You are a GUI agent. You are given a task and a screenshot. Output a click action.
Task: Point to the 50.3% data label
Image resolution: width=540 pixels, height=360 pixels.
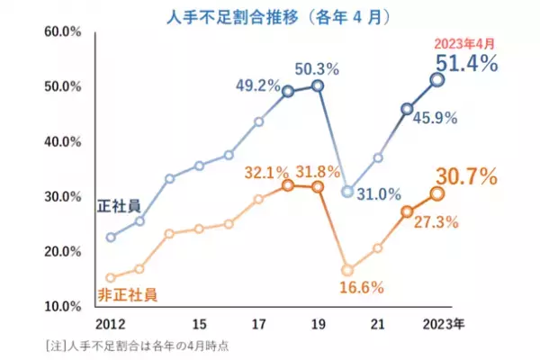point(319,67)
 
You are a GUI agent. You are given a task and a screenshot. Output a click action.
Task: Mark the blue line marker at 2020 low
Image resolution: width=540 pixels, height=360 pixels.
point(348,192)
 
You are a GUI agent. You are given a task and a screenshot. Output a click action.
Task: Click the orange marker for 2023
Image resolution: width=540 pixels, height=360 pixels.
point(437,193)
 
